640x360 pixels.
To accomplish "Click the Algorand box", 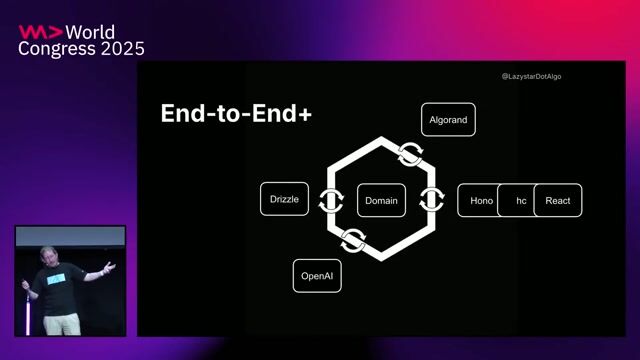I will pos(448,120).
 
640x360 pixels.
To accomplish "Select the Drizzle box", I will pos(284,200).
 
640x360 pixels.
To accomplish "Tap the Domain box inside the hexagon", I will pos(381,200).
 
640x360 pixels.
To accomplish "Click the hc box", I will pos(519,200).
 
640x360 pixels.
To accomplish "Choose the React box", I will pos(557,200).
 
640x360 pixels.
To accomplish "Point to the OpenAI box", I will pos(317,275).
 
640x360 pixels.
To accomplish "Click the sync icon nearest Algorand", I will pos(409,155).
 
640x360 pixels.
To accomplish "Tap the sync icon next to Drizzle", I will pos(328,200).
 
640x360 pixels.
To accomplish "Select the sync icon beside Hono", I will pos(432,200).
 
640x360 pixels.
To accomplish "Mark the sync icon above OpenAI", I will pos(352,240).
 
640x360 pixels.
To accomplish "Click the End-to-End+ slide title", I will pos(236,115).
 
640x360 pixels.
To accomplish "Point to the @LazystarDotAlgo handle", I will pos(531,76).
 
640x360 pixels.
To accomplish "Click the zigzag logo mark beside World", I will pos(39,31).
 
